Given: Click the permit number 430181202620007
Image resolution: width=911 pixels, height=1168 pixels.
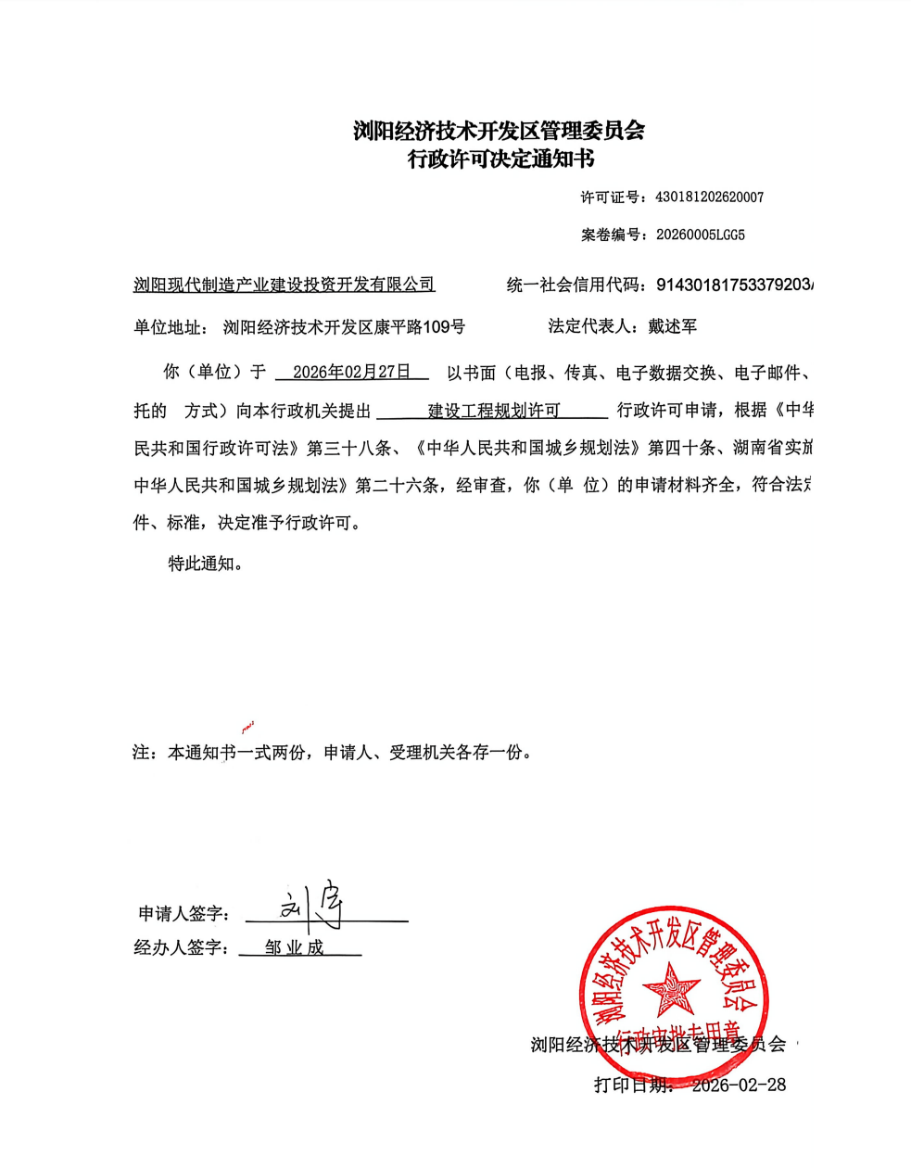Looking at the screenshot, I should (x=709, y=197).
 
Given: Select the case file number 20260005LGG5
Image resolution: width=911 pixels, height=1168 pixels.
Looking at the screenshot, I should (x=700, y=235).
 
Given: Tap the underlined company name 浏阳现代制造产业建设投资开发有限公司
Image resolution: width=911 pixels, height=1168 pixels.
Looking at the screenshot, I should (x=284, y=285).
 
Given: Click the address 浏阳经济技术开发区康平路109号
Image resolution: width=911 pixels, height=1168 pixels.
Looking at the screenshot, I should (x=344, y=326).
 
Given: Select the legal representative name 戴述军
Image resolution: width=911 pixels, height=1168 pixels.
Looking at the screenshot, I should (x=672, y=326).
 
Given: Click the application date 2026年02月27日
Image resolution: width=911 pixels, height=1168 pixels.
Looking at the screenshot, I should (x=351, y=372).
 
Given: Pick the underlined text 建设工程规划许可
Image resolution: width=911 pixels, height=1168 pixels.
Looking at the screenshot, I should (x=493, y=410).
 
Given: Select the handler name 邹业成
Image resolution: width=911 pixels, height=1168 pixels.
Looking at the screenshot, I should (x=295, y=947).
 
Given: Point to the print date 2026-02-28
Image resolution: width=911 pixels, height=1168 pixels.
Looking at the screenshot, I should (x=739, y=1085).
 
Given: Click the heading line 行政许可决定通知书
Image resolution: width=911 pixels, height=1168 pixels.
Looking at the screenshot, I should (x=500, y=159).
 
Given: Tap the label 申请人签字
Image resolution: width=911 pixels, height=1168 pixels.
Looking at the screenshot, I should (x=183, y=914).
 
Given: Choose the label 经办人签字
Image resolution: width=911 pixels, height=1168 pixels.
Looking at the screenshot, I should (x=181, y=947).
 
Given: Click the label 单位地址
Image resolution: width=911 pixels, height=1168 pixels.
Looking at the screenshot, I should (x=171, y=326).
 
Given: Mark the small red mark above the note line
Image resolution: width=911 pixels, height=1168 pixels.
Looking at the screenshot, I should (x=247, y=726).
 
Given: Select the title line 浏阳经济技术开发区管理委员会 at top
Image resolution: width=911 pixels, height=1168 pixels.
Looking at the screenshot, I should (x=499, y=130).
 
